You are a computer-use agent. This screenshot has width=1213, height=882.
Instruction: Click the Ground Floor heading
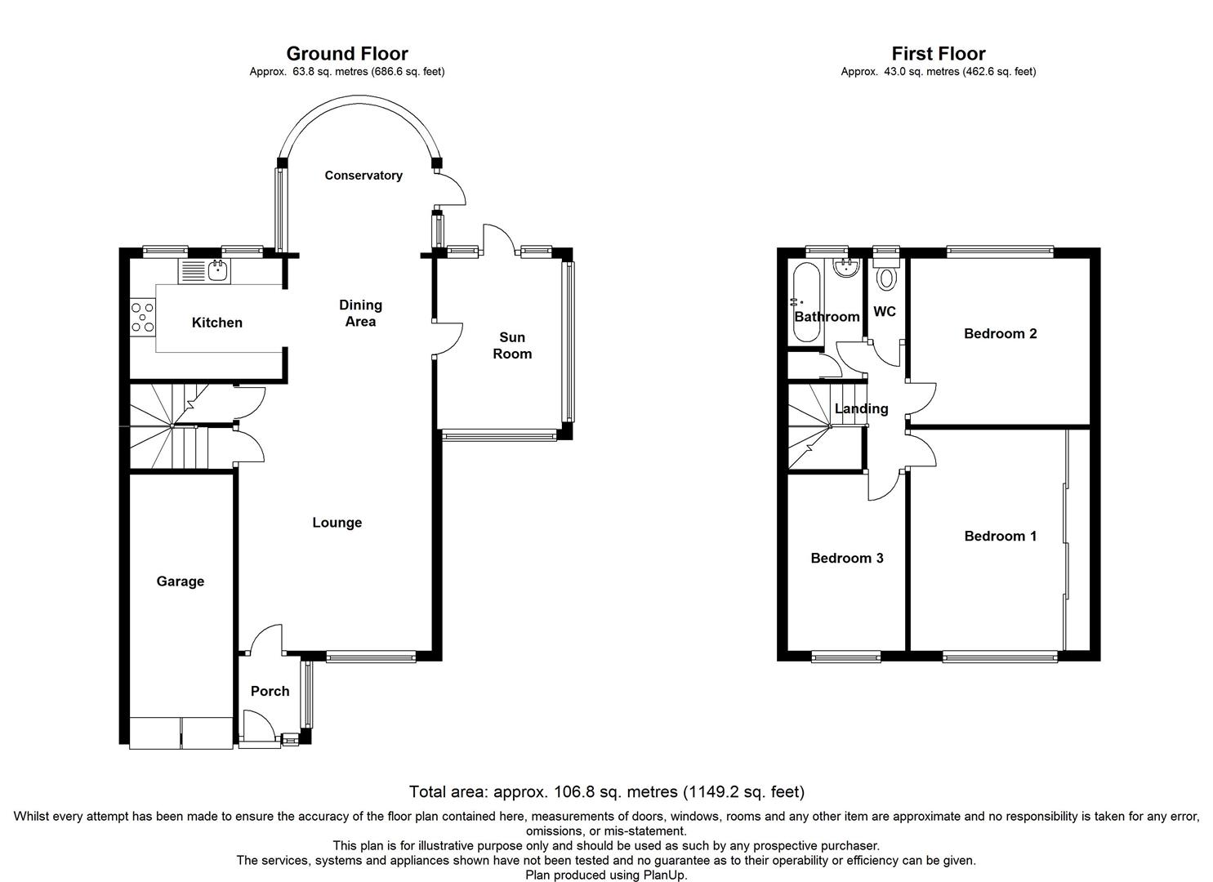(x=346, y=54)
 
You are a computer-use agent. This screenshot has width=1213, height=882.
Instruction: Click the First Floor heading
(x=938, y=54)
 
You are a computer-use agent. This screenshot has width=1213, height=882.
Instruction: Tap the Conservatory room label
(x=363, y=176)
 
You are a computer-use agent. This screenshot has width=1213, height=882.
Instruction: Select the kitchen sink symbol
(x=218, y=270)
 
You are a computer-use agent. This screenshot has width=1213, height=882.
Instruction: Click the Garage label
(x=181, y=581)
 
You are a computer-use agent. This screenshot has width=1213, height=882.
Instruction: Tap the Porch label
(x=270, y=692)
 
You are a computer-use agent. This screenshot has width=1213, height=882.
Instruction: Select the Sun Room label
(x=512, y=345)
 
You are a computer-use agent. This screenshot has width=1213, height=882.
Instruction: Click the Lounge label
(x=337, y=523)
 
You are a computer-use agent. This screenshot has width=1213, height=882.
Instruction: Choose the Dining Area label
(x=360, y=313)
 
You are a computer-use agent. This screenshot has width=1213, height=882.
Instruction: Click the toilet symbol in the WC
(x=885, y=278)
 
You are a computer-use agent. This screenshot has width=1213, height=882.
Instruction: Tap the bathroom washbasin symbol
(x=844, y=269)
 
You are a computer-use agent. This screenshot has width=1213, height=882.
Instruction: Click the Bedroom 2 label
(x=1000, y=333)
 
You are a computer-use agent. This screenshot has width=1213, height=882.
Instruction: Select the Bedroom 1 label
(x=1000, y=537)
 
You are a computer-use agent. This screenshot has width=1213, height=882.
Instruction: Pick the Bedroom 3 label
(x=846, y=559)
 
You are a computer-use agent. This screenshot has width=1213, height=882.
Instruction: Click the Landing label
(x=861, y=409)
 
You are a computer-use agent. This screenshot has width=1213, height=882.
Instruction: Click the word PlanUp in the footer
(x=663, y=875)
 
